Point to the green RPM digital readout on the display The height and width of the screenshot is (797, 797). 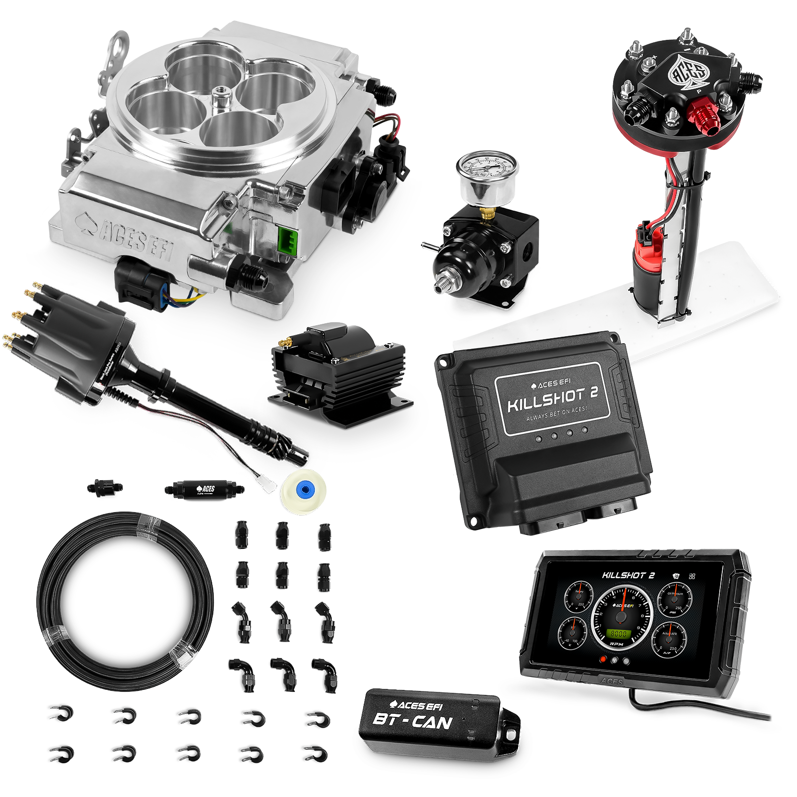(x=619, y=634)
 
